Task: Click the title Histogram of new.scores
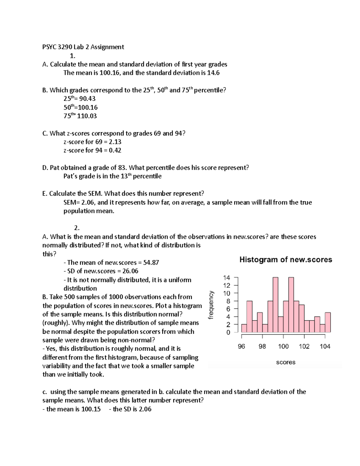[x=286, y=260]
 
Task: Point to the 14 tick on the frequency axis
[x=227, y=278]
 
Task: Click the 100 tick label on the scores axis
[x=283, y=347]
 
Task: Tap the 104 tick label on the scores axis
[x=325, y=347]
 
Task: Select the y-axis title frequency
[x=211, y=305]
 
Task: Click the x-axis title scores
[x=286, y=362]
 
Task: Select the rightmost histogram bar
[x=328, y=323]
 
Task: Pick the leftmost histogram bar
[x=244, y=328]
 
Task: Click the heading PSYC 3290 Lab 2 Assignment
[x=83, y=47]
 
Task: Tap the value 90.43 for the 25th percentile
[x=87, y=99]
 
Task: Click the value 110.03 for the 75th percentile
[x=87, y=116]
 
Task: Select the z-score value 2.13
[x=115, y=142]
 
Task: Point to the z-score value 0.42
[x=115, y=150]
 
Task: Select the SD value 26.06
[x=130, y=271]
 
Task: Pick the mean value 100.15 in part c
[x=91, y=409]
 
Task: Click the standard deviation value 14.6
[x=213, y=73]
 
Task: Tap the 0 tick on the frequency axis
[x=228, y=332]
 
